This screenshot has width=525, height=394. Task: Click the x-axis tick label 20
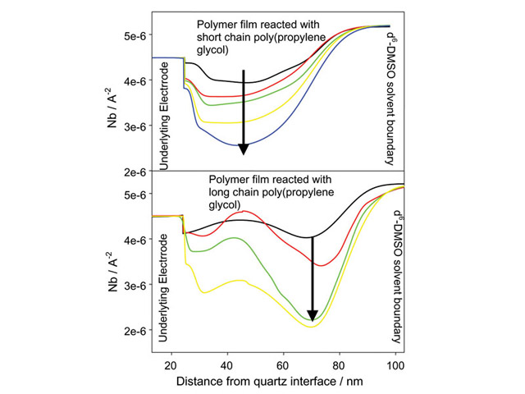pos(171,364)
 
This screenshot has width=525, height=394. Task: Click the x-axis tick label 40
pos(227,364)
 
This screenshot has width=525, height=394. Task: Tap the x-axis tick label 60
pos(283,364)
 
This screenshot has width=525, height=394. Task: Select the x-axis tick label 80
pos(340,364)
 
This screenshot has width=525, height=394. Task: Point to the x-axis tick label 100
pos(395,364)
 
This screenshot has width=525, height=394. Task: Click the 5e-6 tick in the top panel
pos(133,36)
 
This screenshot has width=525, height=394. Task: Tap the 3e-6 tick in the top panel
pos(133,127)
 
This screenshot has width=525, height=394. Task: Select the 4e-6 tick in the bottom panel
pos(133,241)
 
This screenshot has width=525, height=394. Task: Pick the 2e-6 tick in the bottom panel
pos(133,332)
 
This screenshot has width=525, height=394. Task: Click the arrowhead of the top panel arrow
pos(243,149)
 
